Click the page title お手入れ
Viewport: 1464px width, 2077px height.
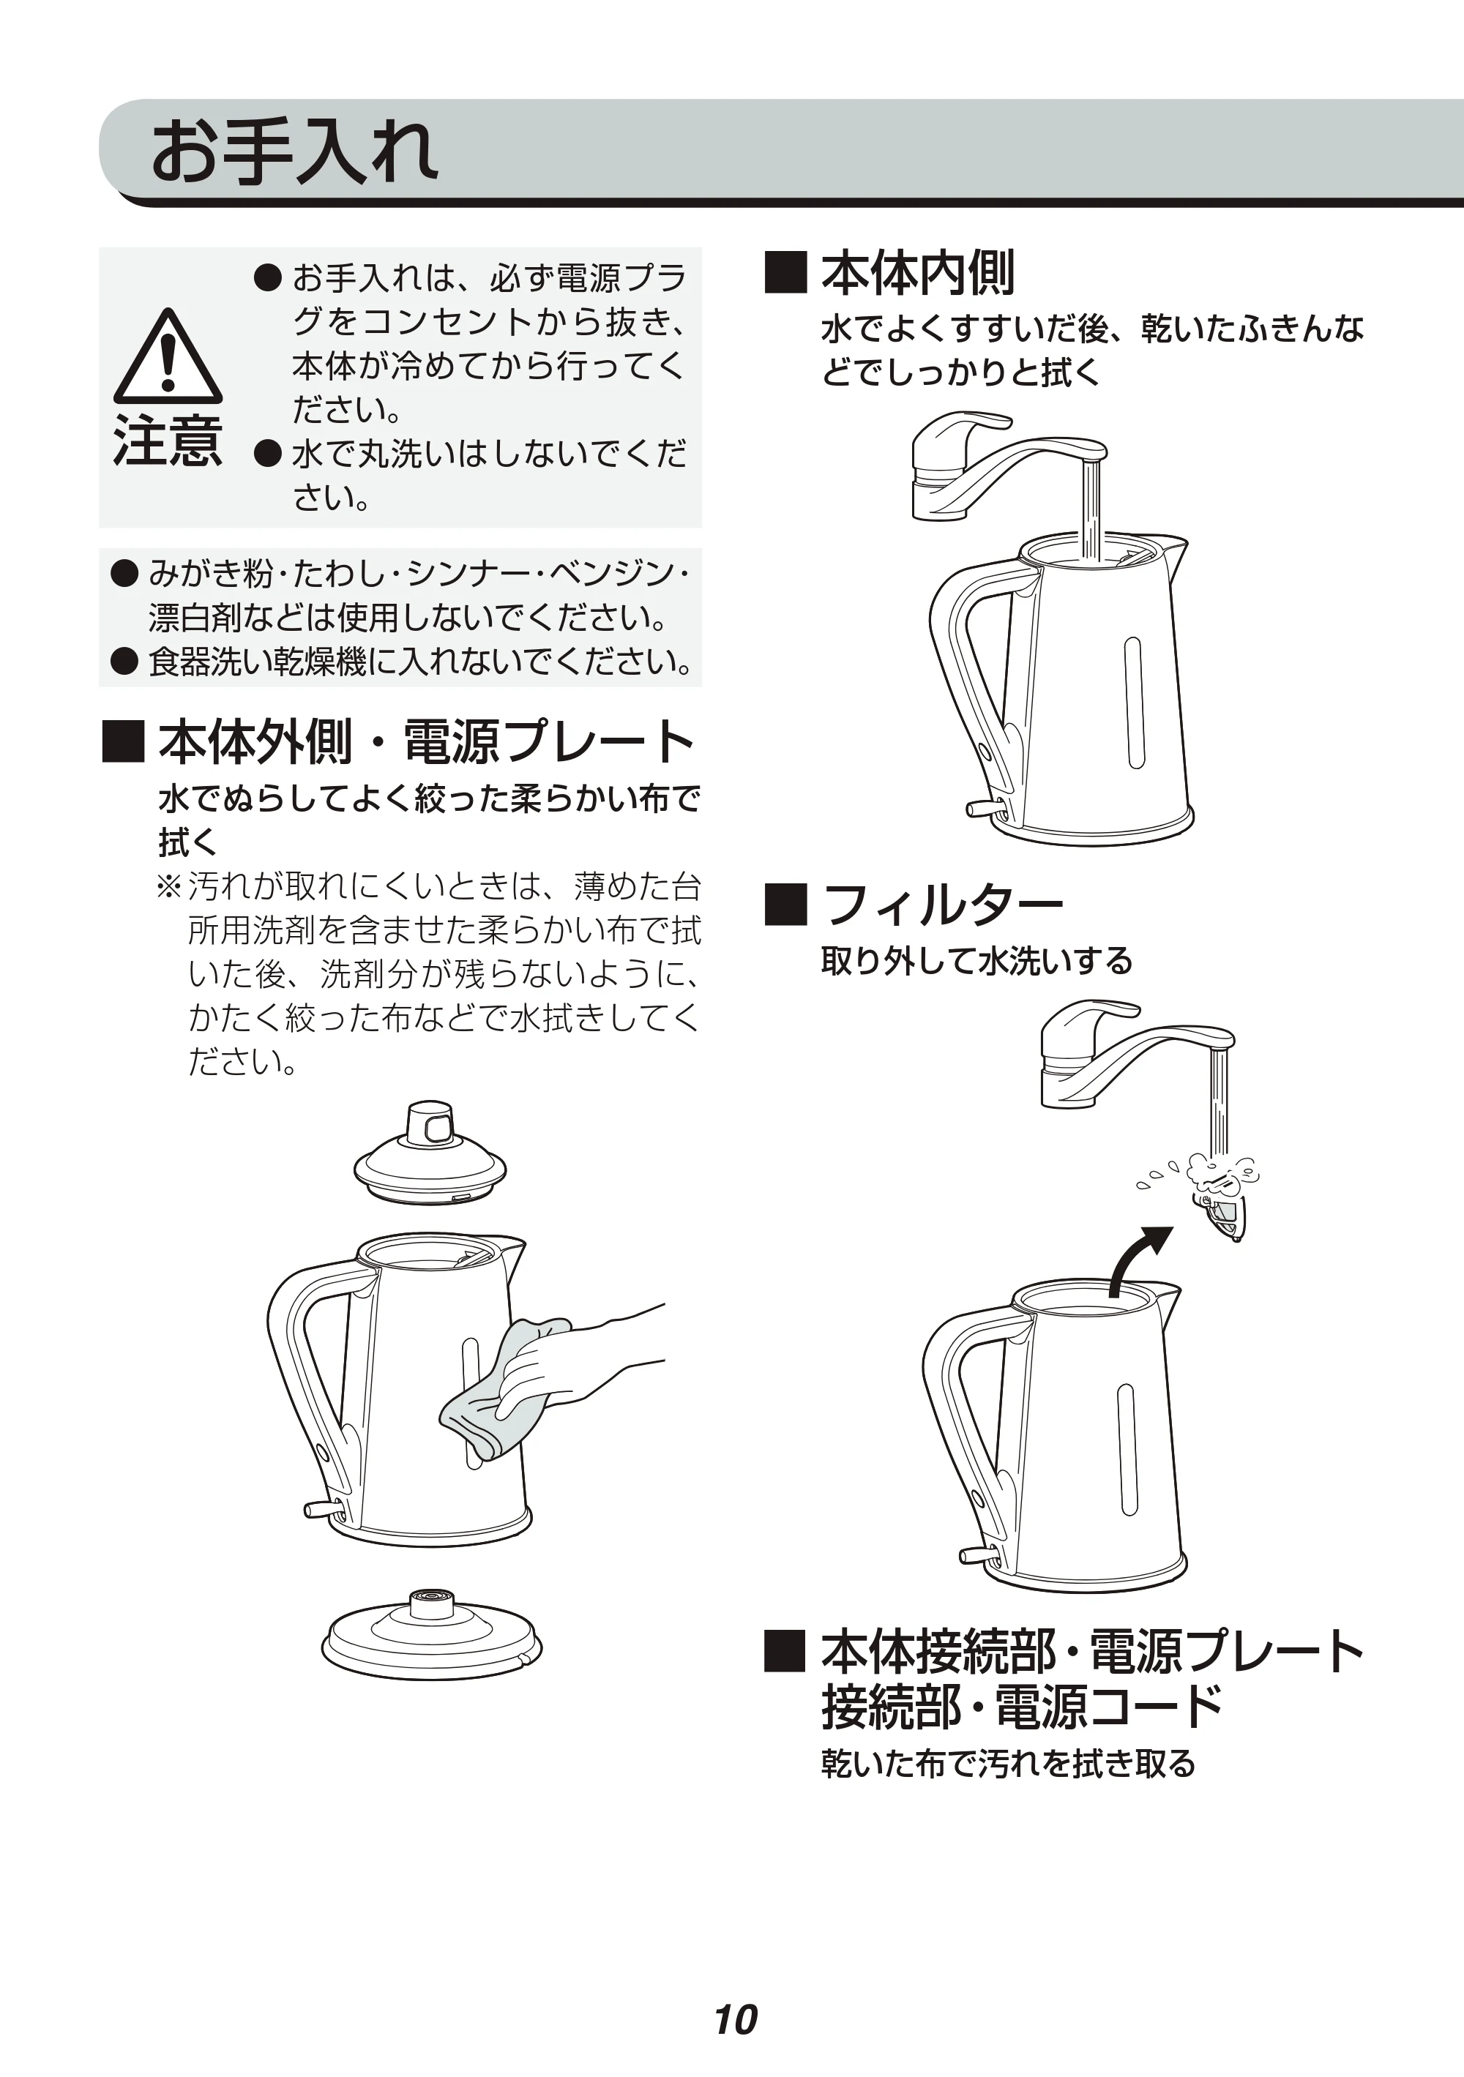295,153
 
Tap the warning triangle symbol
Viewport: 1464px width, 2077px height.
168,356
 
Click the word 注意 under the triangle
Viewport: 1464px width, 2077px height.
168,441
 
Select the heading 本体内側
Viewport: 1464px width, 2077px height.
917,273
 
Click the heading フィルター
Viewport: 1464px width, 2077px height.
942,905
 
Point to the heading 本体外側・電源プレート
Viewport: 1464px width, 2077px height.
426,742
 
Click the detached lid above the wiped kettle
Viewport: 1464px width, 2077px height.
430,1153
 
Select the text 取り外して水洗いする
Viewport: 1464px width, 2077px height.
976,961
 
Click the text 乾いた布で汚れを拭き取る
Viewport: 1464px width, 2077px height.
1008,1763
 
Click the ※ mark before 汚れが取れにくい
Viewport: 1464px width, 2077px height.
169,886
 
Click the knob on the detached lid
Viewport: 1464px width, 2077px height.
430,1123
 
